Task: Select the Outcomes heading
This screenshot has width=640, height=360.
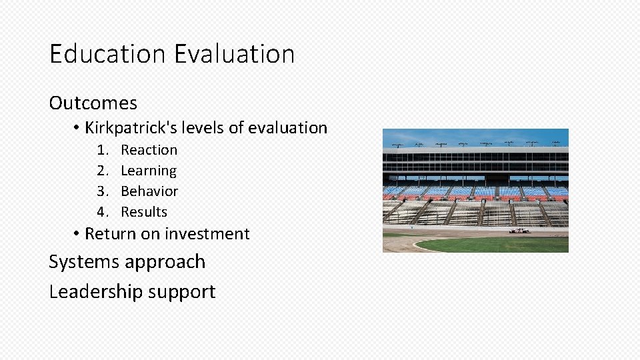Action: [93, 103]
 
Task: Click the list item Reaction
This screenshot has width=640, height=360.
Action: [149, 150]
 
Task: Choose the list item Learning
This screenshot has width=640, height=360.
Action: [149, 171]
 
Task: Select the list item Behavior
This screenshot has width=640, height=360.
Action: [149, 191]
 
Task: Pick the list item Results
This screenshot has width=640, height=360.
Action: [144, 212]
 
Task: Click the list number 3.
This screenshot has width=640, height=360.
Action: [102, 191]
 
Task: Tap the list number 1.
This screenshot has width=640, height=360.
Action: [102, 150]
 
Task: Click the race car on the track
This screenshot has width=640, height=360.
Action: [519, 231]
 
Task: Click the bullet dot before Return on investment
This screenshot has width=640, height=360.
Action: [77, 234]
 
